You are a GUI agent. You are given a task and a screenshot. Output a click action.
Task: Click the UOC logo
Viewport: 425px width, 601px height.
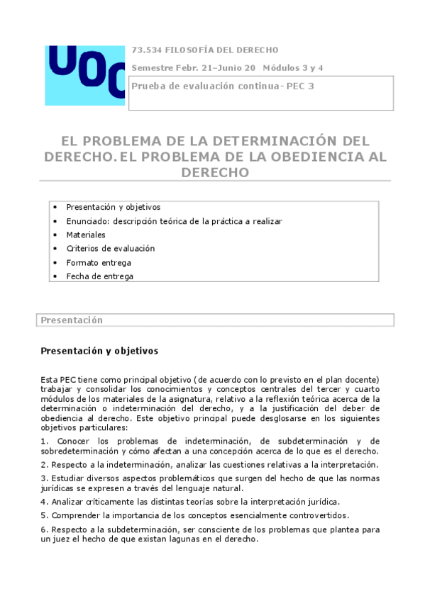pos(84,70)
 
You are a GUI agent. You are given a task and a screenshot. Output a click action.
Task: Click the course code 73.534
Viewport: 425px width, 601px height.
pos(147,50)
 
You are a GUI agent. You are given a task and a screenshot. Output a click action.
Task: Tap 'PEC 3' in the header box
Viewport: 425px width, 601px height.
pos(299,86)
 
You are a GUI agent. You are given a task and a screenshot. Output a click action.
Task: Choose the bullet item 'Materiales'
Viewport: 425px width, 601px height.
pos(86,235)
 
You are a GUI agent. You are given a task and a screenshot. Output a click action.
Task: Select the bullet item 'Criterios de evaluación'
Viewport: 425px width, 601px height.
pos(110,249)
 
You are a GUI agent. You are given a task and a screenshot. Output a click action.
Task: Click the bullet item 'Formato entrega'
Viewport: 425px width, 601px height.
pos(99,262)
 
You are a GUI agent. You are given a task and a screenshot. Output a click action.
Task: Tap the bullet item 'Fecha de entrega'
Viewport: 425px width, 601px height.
pos(99,276)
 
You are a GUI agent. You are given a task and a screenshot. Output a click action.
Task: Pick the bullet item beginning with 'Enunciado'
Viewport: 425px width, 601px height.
pos(174,221)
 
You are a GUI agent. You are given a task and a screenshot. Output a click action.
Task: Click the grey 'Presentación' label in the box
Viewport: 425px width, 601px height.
pos(72,320)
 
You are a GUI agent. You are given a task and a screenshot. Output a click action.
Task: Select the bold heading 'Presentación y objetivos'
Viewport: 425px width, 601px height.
pos(99,351)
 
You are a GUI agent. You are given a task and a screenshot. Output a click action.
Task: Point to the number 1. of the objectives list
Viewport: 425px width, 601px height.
pos(45,441)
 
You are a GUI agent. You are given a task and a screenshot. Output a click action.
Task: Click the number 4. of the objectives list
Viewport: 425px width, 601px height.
pos(45,502)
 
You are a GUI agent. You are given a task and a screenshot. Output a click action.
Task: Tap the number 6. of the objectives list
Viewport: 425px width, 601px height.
pos(45,529)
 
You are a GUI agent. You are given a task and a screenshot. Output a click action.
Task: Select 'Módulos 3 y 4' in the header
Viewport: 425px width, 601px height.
pos(293,68)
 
